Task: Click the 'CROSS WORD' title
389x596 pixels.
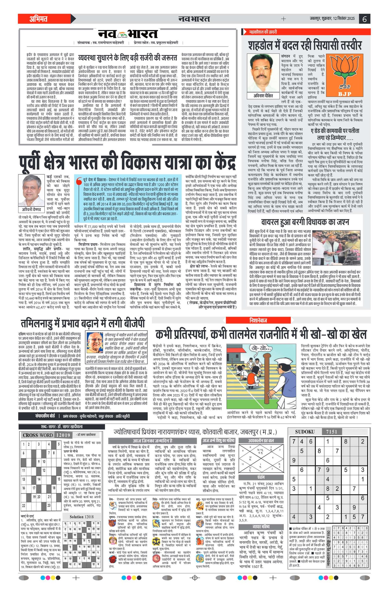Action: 38,435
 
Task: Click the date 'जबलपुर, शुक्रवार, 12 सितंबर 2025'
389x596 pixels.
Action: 332,19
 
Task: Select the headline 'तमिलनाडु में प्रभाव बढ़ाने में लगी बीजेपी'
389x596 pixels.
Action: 83,323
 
